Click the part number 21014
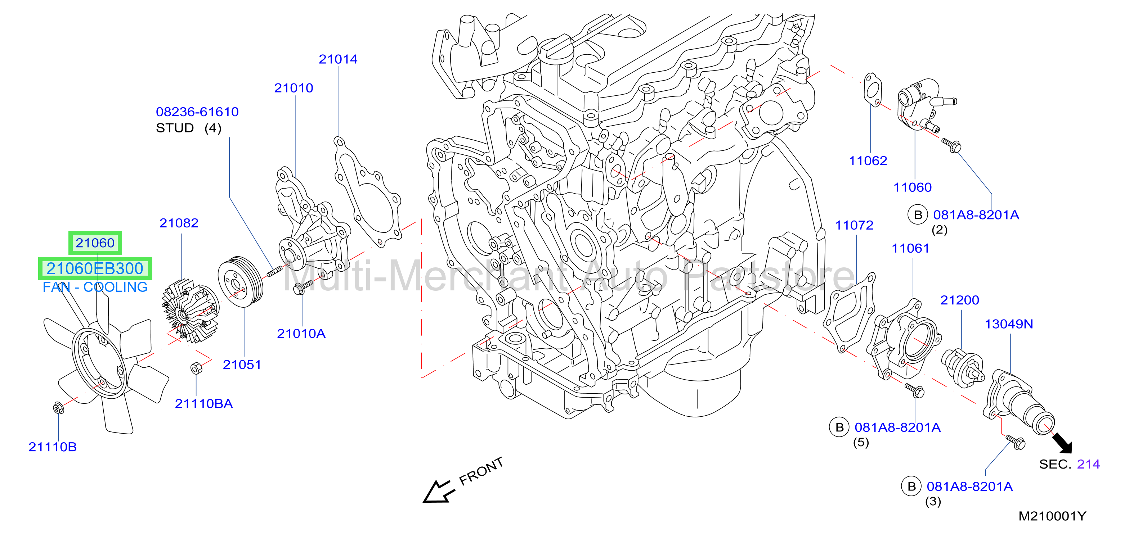[x=338, y=59]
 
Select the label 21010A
[x=301, y=334]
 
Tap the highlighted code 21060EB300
[x=95, y=268]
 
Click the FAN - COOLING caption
[x=95, y=287]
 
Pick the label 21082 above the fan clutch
[x=179, y=223]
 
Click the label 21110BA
[x=204, y=404]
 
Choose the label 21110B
[x=53, y=447]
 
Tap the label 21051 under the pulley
[x=242, y=365]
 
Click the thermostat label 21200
[x=959, y=300]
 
